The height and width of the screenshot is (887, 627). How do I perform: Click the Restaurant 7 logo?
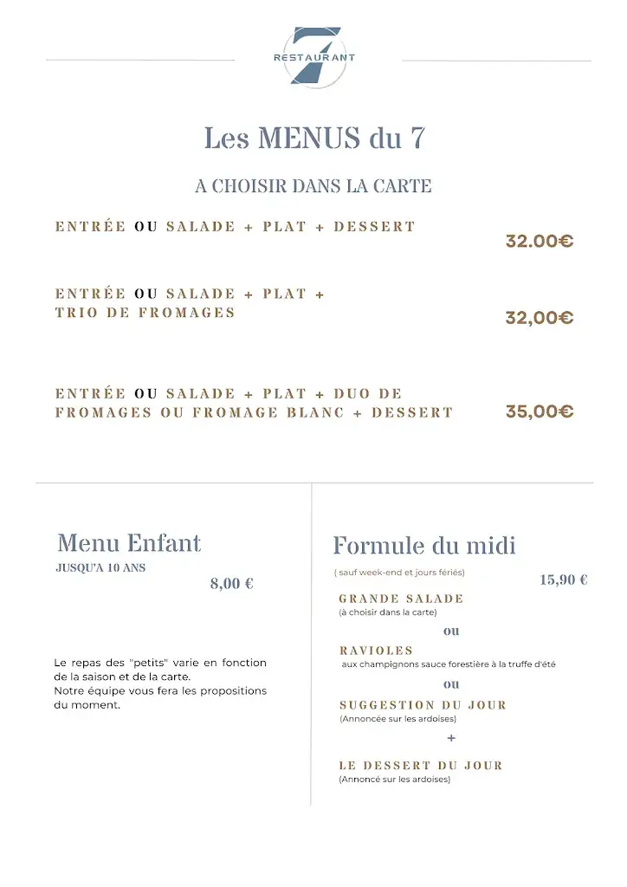click(x=314, y=56)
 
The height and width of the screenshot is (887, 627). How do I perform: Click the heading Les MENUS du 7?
click(x=314, y=138)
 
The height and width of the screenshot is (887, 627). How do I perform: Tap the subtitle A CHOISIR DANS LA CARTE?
click(x=313, y=186)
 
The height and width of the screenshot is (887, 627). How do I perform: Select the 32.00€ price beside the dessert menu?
click(x=540, y=242)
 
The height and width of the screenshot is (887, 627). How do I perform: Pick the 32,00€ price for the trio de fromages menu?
click(x=540, y=318)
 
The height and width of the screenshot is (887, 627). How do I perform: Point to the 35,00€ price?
click(x=540, y=411)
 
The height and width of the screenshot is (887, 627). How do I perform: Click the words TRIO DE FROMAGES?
click(x=145, y=313)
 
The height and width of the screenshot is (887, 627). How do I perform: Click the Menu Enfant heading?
click(x=129, y=544)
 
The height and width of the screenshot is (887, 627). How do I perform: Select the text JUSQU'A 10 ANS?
click(x=100, y=568)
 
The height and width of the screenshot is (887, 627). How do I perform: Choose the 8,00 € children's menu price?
click(x=231, y=584)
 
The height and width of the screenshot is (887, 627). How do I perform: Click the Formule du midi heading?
click(x=424, y=546)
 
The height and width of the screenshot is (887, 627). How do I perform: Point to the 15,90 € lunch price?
click(x=564, y=580)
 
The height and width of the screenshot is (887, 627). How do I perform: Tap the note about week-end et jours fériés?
click(x=399, y=573)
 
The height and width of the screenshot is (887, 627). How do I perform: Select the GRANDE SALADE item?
click(x=401, y=599)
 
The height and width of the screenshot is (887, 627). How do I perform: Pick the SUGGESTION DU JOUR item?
click(x=423, y=705)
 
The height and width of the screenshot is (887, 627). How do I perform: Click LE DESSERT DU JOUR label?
click(x=420, y=766)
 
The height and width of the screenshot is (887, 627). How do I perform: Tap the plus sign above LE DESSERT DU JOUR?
click(x=451, y=738)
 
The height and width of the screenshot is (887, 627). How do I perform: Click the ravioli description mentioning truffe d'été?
click(x=449, y=664)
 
